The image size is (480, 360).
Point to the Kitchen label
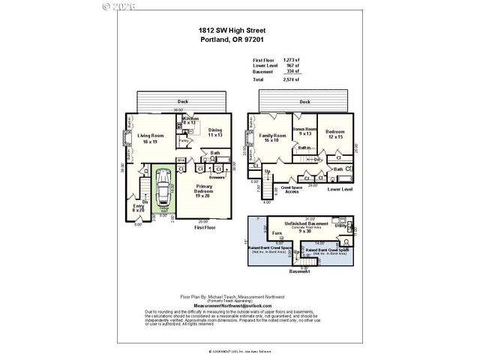[190, 119]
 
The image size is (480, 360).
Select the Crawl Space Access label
[292, 190]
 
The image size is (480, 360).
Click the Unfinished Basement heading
[305, 223]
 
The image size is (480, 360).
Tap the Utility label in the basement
[340, 224]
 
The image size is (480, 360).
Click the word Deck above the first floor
[182, 100]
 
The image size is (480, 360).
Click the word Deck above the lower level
[304, 101]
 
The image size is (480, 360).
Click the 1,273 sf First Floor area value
[289, 59]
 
